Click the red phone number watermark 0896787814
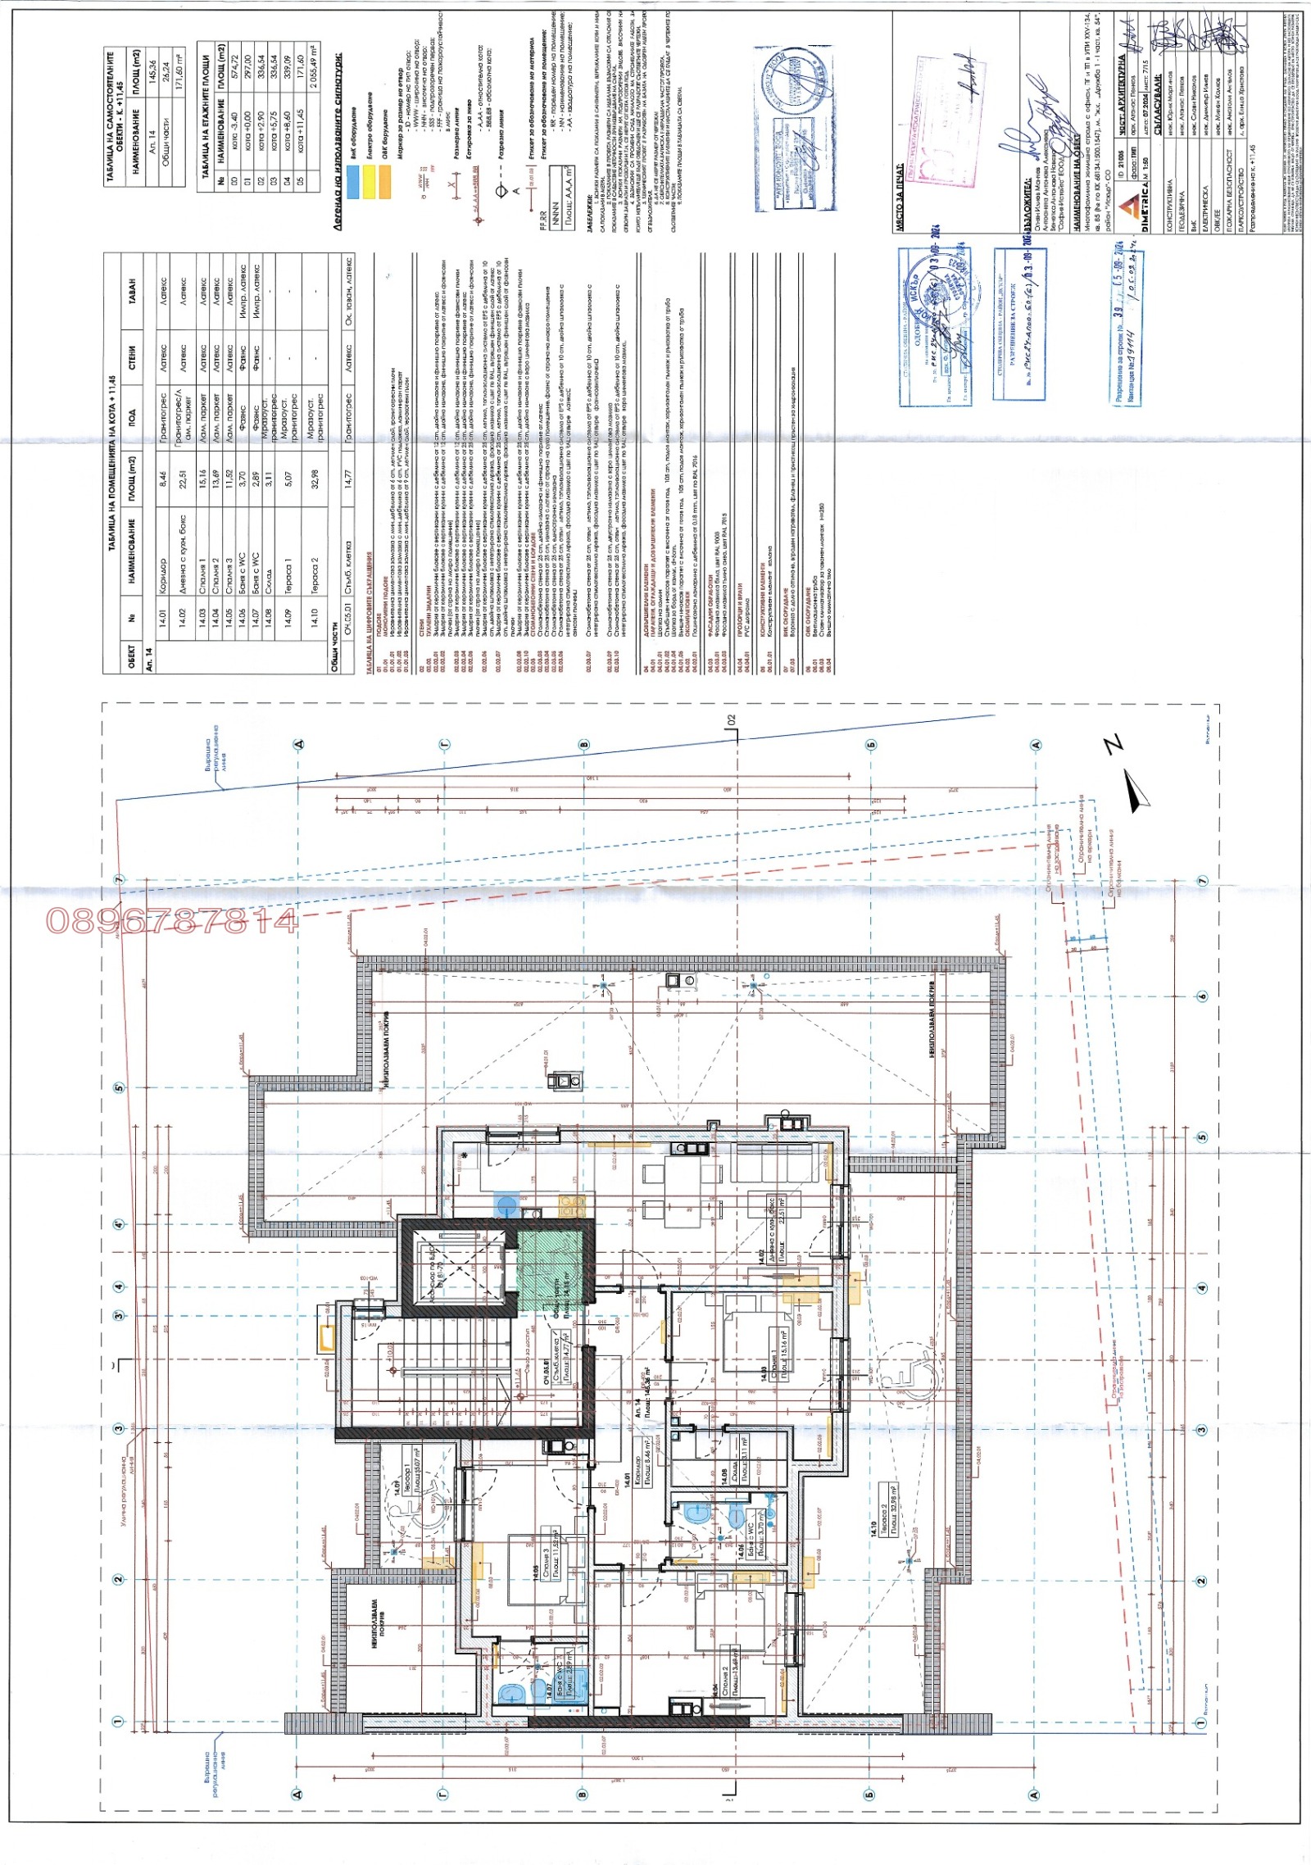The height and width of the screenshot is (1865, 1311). (172, 920)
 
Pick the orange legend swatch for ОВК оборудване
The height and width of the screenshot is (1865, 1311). (384, 181)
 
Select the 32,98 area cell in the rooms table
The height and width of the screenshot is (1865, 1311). (315, 479)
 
